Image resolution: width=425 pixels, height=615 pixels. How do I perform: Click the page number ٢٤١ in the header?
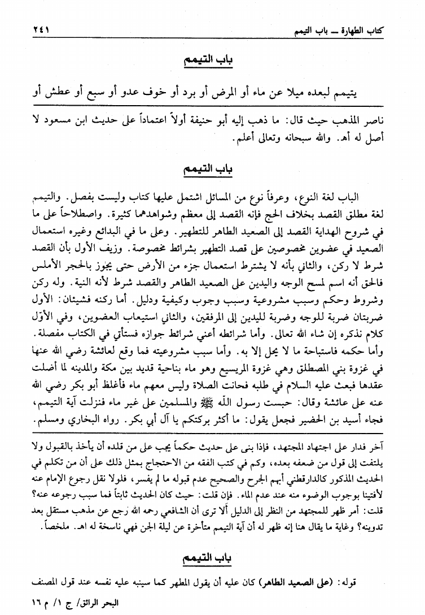click(29, 29)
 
